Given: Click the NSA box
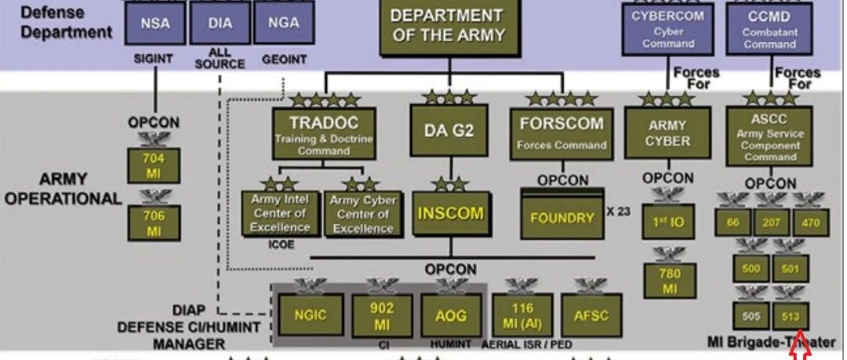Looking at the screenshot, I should (x=154, y=23).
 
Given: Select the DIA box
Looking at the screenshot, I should (x=220, y=23).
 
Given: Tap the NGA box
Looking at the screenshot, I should (x=283, y=23).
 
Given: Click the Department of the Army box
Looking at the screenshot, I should (x=447, y=27).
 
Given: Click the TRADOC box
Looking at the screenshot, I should (x=324, y=133).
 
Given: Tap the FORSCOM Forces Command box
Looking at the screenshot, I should (x=562, y=132).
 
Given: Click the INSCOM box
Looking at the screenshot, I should (x=449, y=213).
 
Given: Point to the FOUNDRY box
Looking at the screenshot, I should (x=562, y=216).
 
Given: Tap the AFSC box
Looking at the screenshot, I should (x=591, y=315).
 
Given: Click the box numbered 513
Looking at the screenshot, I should (x=790, y=315).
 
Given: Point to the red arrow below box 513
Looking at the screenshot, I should (x=802, y=345).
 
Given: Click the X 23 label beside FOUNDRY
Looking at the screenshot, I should (x=619, y=210).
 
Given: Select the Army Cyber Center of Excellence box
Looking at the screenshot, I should (x=362, y=213).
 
